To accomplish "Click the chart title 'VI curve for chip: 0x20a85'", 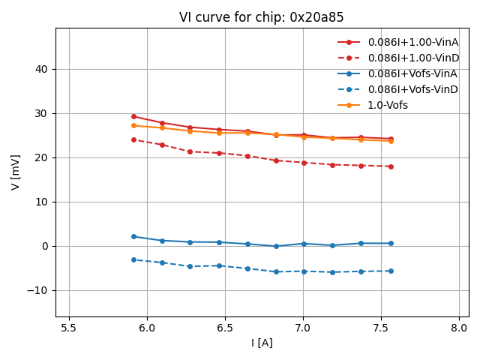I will [x=262, y=17].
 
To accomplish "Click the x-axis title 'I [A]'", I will [x=262, y=343].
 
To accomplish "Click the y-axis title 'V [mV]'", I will [x=16, y=172].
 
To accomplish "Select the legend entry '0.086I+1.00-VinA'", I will [x=413, y=42].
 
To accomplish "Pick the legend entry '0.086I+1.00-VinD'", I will [x=413, y=58].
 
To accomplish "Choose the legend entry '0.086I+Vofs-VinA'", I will [x=412, y=73].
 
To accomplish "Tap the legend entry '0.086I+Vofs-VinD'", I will [x=412, y=89].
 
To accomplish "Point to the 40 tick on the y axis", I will [x=42, y=69].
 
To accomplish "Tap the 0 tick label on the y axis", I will [x=45, y=246].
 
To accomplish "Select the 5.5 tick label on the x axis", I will [x=69, y=328].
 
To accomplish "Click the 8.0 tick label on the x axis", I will [x=460, y=328].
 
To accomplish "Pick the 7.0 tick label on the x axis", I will [x=303, y=328].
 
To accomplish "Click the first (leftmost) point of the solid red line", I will [x=133, y=116].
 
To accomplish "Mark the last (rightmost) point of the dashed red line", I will [x=391, y=166].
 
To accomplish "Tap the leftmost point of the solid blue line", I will [x=133, y=236].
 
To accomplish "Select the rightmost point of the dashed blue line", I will [x=391, y=271].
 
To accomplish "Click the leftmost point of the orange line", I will [x=133, y=125].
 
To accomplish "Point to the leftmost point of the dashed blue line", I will [x=133, y=259].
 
